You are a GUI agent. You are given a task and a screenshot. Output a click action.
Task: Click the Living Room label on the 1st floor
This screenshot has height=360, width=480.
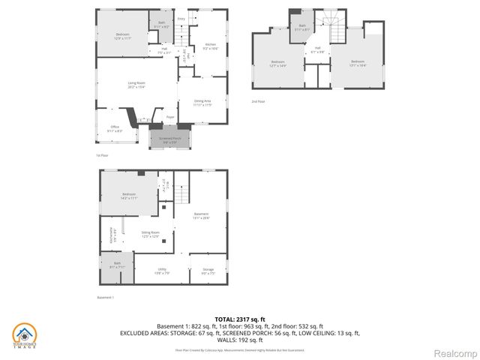coord(136,84)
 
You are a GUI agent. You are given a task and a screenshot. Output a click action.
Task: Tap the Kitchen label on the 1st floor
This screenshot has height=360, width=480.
coord(211,46)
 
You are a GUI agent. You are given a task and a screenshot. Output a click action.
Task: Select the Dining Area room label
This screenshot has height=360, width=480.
coord(202,102)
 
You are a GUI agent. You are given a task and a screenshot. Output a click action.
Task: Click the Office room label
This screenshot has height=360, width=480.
coord(115,128)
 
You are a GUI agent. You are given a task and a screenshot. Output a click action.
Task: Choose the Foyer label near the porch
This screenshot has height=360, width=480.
coord(170,117)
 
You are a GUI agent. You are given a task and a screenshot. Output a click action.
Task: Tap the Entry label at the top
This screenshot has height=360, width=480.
coord(181,19)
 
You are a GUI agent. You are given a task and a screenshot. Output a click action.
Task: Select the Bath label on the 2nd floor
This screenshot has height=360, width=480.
coord(302,28)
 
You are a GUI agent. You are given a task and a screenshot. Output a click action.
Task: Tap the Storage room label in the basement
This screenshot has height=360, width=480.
coord(208,271)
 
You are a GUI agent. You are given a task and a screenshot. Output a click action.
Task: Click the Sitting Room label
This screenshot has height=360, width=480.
coord(151,234)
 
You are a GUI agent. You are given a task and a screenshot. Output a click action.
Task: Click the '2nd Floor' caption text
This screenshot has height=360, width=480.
coord(258,100)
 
